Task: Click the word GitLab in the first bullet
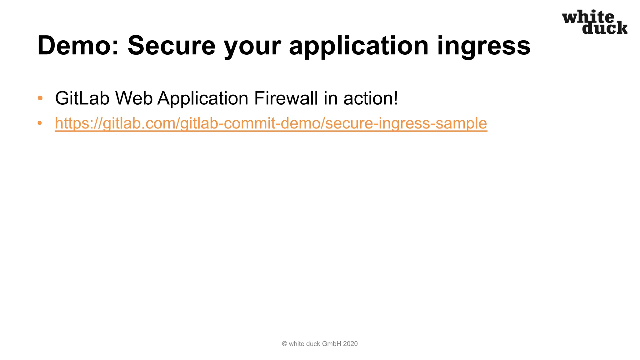82,98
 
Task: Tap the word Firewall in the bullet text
286,98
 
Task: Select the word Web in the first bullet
134,98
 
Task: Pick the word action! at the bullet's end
371,98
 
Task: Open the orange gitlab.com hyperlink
271,123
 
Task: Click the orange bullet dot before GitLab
40,98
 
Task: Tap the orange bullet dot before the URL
40,123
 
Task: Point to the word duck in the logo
605,28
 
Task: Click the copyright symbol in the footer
284,344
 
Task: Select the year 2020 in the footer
350,344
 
